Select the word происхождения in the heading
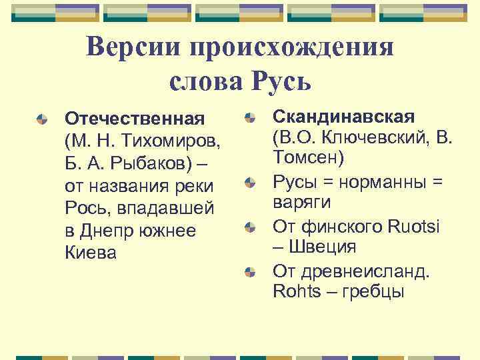pos(291,48)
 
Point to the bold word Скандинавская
pos(343,117)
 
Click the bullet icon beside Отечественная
pos(42,119)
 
